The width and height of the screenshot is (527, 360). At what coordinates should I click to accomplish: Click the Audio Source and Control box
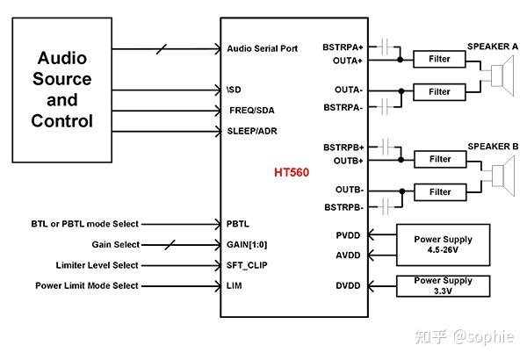[74, 89]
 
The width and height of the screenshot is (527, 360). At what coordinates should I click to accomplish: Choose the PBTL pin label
[239, 224]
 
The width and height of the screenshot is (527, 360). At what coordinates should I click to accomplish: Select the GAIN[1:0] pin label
[246, 245]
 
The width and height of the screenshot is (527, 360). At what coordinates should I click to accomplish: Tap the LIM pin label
[235, 285]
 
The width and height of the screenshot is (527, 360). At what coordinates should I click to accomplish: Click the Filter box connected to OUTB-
[439, 191]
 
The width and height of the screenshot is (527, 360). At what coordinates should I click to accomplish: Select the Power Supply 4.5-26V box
[444, 245]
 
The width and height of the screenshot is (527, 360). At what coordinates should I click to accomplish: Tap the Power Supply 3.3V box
[444, 286]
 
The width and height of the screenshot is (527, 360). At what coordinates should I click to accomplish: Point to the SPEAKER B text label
[493, 146]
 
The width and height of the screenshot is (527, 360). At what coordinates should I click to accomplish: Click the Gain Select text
[115, 245]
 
